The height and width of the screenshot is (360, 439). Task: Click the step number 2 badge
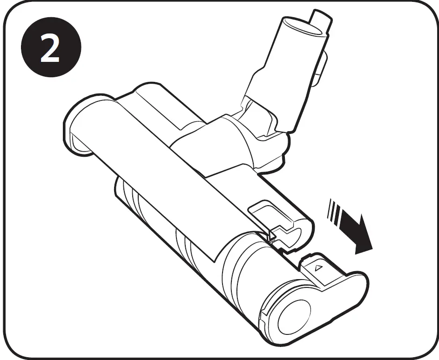click(50, 50)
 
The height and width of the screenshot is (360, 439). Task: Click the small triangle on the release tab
click(319, 269)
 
